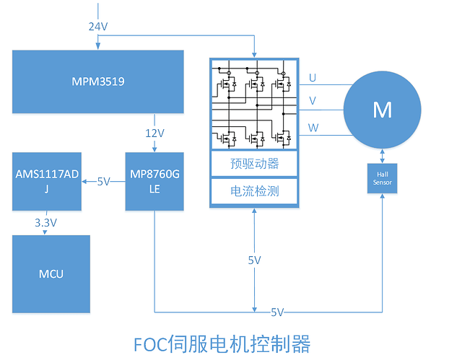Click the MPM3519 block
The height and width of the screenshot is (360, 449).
click(x=98, y=82)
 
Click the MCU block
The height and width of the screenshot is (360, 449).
click(x=51, y=273)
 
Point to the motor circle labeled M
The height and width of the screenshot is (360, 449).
click(x=381, y=110)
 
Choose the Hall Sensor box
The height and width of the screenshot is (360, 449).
click(x=381, y=178)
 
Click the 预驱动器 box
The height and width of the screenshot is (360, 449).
click(x=254, y=164)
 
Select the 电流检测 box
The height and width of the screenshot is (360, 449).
click(x=254, y=191)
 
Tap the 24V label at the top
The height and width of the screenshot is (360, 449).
click(x=99, y=26)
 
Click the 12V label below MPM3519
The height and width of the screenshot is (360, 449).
click(x=153, y=133)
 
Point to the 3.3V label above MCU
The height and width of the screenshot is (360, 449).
click(x=45, y=223)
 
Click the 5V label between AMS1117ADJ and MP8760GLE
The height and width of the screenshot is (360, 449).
click(x=104, y=182)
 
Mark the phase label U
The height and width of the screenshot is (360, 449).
click(x=312, y=77)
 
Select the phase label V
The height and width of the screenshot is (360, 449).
click(x=312, y=101)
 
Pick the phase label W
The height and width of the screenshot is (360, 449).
click(x=312, y=128)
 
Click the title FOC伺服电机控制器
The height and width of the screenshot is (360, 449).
click(x=222, y=342)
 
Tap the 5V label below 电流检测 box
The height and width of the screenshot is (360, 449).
click(x=254, y=260)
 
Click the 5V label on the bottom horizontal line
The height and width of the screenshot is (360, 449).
click(x=277, y=312)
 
